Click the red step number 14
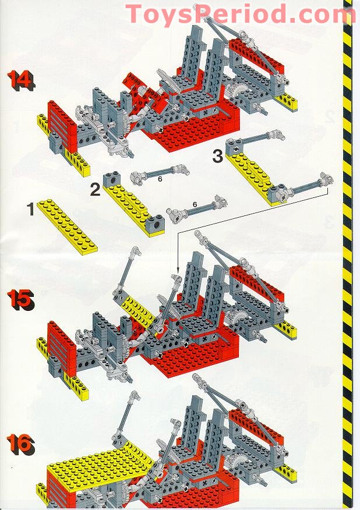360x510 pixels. [20, 80]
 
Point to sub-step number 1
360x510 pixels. [31, 208]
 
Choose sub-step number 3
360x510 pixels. [217, 156]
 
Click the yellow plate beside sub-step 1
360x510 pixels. [68, 225]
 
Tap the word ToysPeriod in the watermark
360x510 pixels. [192, 13]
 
